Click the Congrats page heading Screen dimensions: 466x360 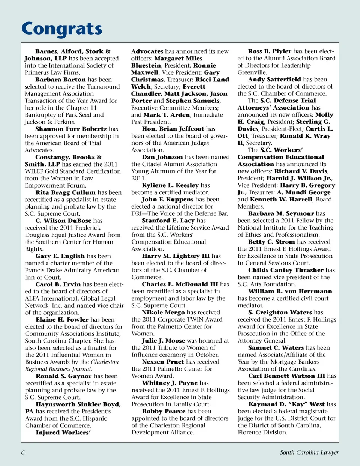(62, 29)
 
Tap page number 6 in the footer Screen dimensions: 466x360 (23, 452)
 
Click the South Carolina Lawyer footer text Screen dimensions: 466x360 (309, 452)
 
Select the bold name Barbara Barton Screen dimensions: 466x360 (60, 80)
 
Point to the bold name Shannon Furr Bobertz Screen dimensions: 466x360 (71, 129)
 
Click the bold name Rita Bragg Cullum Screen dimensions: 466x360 (66, 192)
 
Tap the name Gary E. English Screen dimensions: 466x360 (60, 256)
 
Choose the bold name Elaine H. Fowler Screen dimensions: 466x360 (62, 320)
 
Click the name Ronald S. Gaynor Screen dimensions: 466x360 (64, 376)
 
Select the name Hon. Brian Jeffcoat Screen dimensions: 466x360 (173, 129)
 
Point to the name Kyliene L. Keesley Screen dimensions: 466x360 (170, 185)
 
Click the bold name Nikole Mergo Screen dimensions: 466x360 (163, 313)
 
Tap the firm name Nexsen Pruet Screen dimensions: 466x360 (163, 362)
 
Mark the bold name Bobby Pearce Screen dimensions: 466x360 (164, 411)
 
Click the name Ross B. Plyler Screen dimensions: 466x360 (270, 51)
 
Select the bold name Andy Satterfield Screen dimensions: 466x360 (274, 80)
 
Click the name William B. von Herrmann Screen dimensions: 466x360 (285, 291)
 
